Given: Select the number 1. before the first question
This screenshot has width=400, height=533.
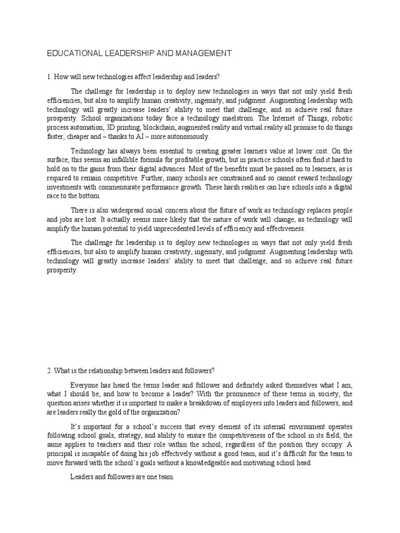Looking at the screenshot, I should click(49, 77).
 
